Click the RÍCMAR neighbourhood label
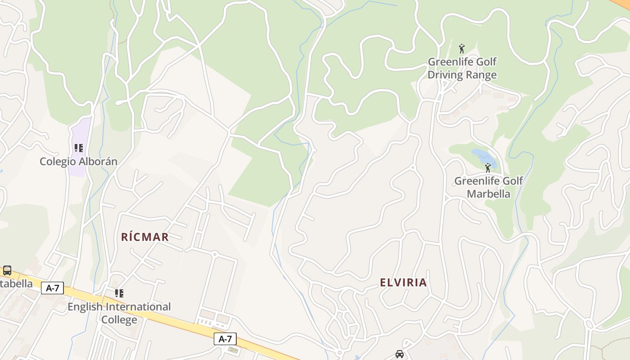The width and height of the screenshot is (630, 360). (x=145, y=237)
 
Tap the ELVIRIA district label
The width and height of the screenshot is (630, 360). (x=403, y=283)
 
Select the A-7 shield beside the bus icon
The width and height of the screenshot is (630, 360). (x=53, y=288)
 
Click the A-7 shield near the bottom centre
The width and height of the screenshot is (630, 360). (x=225, y=339)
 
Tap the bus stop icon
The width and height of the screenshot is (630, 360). (x=7, y=270)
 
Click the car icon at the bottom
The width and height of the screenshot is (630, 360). (x=400, y=354)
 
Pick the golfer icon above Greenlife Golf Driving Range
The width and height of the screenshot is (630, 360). (x=461, y=48)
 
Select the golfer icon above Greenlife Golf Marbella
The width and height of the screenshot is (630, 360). (x=488, y=168)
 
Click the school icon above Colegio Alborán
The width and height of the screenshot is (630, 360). (x=79, y=148)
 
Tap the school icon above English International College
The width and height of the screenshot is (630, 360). (x=119, y=293)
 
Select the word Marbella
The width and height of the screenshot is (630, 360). (x=488, y=194)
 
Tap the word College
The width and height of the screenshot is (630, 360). (x=119, y=320)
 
